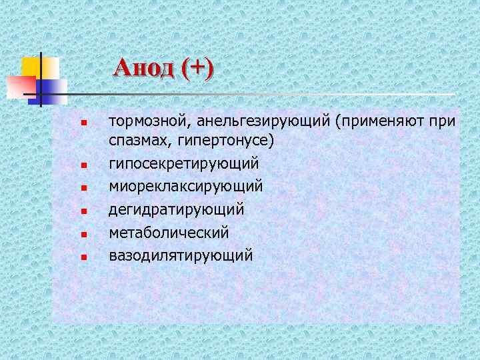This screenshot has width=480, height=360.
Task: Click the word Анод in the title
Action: coord(143,68)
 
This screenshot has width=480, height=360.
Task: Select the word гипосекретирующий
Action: coord(184,163)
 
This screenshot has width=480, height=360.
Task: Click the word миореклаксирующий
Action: coord(186,186)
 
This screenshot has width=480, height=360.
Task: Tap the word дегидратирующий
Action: coord(177,209)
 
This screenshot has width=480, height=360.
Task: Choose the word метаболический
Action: coord(169,232)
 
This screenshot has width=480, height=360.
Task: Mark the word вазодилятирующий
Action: coord(181,255)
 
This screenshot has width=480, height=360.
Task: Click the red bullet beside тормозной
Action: coord(83,123)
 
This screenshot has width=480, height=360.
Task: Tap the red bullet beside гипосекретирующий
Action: coord(83,165)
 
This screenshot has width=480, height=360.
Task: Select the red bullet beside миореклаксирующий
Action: coord(83,188)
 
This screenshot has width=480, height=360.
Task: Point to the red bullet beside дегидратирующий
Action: coord(83,211)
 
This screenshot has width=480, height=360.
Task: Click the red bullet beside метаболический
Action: coord(83,234)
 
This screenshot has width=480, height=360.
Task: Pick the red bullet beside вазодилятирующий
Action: coord(83,257)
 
